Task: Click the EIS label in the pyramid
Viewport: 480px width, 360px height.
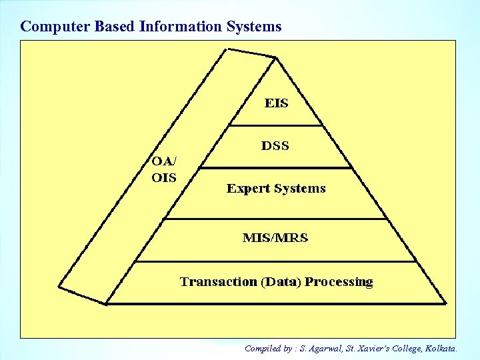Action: point(276,103)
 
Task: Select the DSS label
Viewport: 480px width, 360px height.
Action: point(275,145)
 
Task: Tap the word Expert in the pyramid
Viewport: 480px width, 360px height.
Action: point(248,189)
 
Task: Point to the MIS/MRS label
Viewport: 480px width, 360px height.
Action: point(275,238)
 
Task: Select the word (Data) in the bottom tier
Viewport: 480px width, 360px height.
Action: point(281,281)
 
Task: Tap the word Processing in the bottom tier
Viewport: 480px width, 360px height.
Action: point(339,282)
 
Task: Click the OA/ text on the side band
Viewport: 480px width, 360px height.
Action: point(164,161)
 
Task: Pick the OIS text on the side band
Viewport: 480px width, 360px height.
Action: point(163,177)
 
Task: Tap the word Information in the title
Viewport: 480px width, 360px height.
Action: point(179,27)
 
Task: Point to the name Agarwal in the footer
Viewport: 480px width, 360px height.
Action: point(325,348)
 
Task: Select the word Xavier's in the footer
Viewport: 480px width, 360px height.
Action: point(377,348)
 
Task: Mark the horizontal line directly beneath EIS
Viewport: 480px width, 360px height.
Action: point(275,125)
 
